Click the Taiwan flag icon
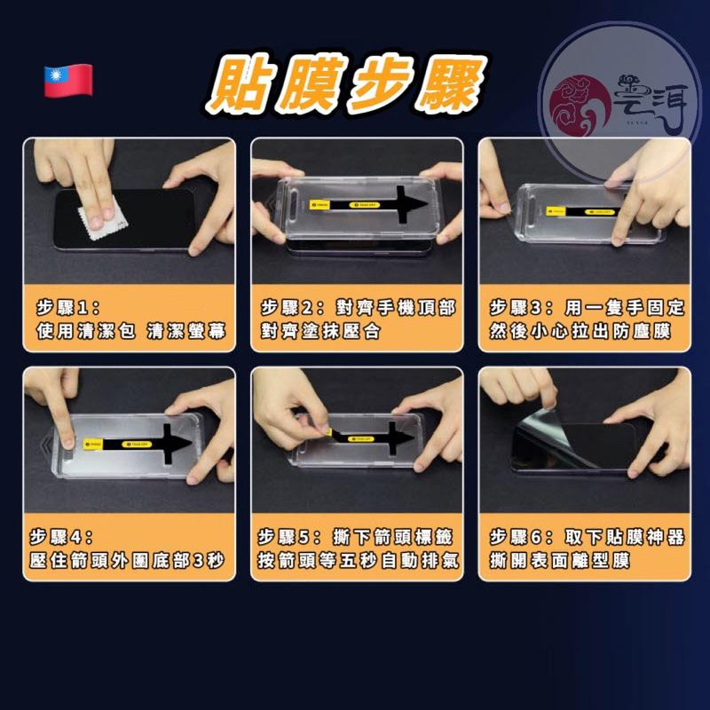68,82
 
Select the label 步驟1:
69,308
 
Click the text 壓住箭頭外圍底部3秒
130,561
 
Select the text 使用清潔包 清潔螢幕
130,332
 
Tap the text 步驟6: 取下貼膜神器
587,537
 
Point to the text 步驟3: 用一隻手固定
587,308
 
